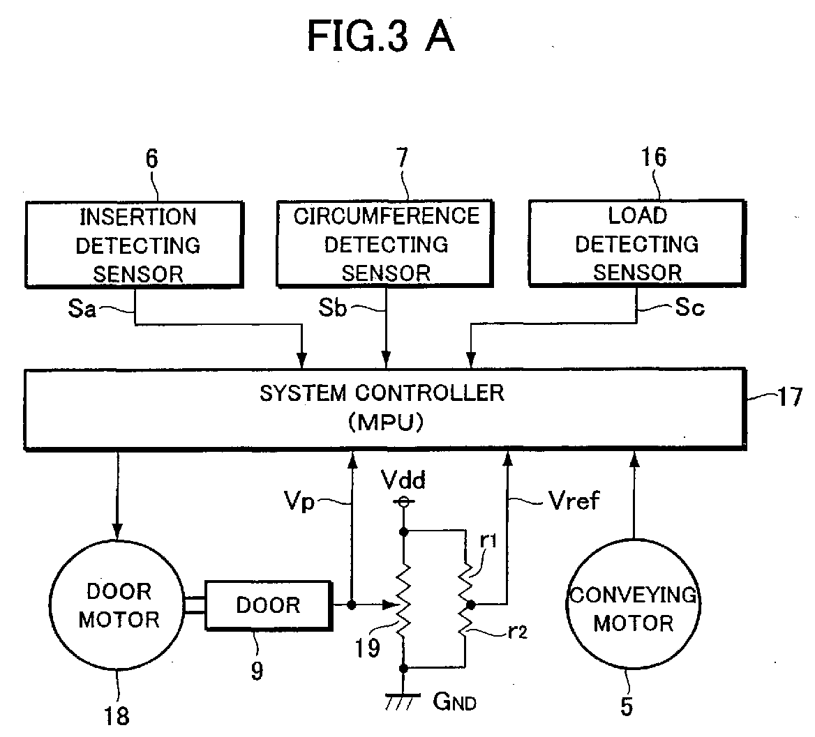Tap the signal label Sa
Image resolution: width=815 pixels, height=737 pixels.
coord(82,308)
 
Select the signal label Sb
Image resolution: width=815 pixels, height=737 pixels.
coord(332,307)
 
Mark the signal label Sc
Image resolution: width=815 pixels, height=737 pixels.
coord(689,307)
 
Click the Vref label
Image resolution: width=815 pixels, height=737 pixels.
coord(574,501)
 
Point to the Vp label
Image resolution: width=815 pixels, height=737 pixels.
coord(299,502)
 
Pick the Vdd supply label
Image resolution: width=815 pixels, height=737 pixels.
coord(403,480)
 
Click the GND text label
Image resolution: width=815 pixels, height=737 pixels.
coord(455,701)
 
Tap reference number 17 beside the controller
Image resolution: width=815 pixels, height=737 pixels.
coord(790,397)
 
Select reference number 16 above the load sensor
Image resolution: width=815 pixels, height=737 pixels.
coord(653,157)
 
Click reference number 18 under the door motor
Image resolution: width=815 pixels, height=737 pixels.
coord(117,716)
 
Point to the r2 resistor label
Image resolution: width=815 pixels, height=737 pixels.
coord(517,632)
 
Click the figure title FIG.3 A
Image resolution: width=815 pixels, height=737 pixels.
coord(381,36)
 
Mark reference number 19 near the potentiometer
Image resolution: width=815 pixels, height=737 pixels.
coord(368,648)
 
